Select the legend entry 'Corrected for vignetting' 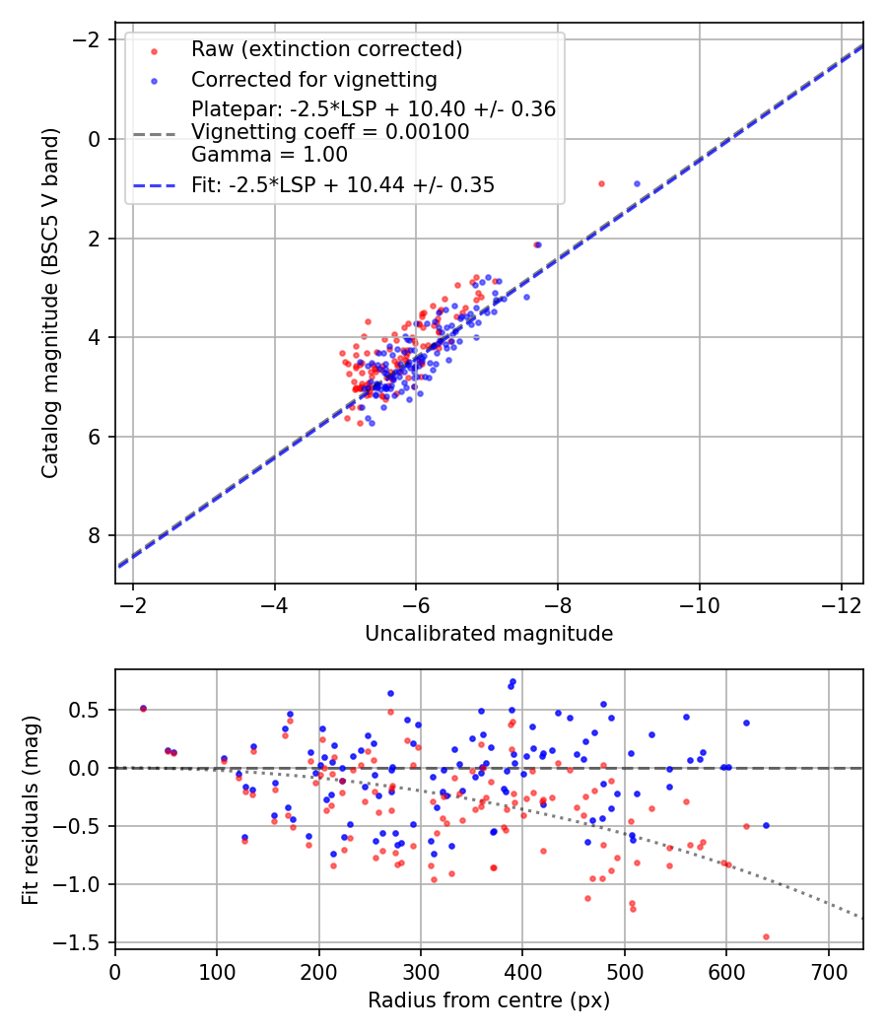pyautogui.click(x=313, y=79)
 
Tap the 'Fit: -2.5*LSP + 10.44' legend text pyautogui.click(x=343, y=184)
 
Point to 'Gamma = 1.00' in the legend pyautogui.click(x=269, y=155)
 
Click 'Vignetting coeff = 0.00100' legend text pyautogui.click(x=330, y=132)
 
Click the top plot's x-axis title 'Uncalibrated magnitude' pyautogui.click(x=489, y=634)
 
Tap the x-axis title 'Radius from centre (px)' pyautogui.click(x=489, y=1000)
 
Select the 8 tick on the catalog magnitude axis pyautogui.click(x=94, y=535)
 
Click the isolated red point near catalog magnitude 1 pyautogui.click(x=601, y=183)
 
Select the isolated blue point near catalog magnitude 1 pyautogui.click(x=637, y=183)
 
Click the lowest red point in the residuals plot pyautogui.click(x=766, y=936)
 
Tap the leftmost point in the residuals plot pyautogui.click(x=143, y=708)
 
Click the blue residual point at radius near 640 pyautogui.click(x=766, y=825)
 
